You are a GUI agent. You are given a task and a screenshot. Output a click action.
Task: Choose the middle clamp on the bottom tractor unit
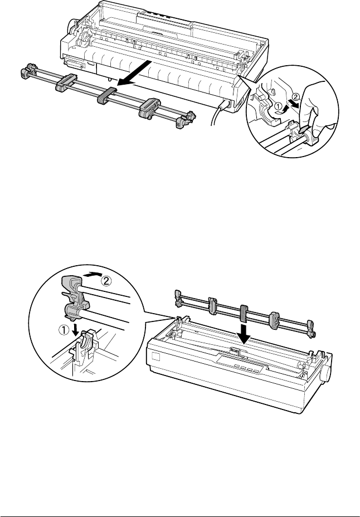coord(244,313)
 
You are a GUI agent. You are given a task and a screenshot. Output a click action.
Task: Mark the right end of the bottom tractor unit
coord(310,329)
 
